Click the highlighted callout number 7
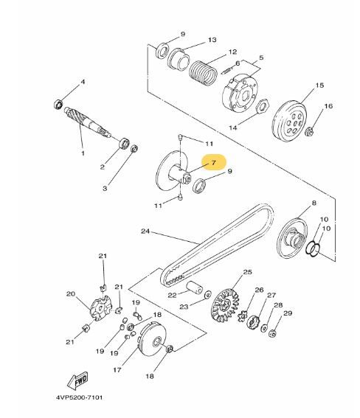213,162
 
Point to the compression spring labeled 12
203,73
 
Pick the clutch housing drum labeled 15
289,122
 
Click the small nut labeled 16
309,132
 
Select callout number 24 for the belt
145,231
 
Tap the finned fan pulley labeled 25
226,306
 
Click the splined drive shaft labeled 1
88,122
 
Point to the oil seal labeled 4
58,104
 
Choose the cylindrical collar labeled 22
195,288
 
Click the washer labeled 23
207,295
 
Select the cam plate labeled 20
100,308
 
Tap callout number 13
212,40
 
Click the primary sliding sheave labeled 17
153,339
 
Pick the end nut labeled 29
272,333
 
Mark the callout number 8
314,203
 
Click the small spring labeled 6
227,70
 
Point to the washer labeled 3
134,149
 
